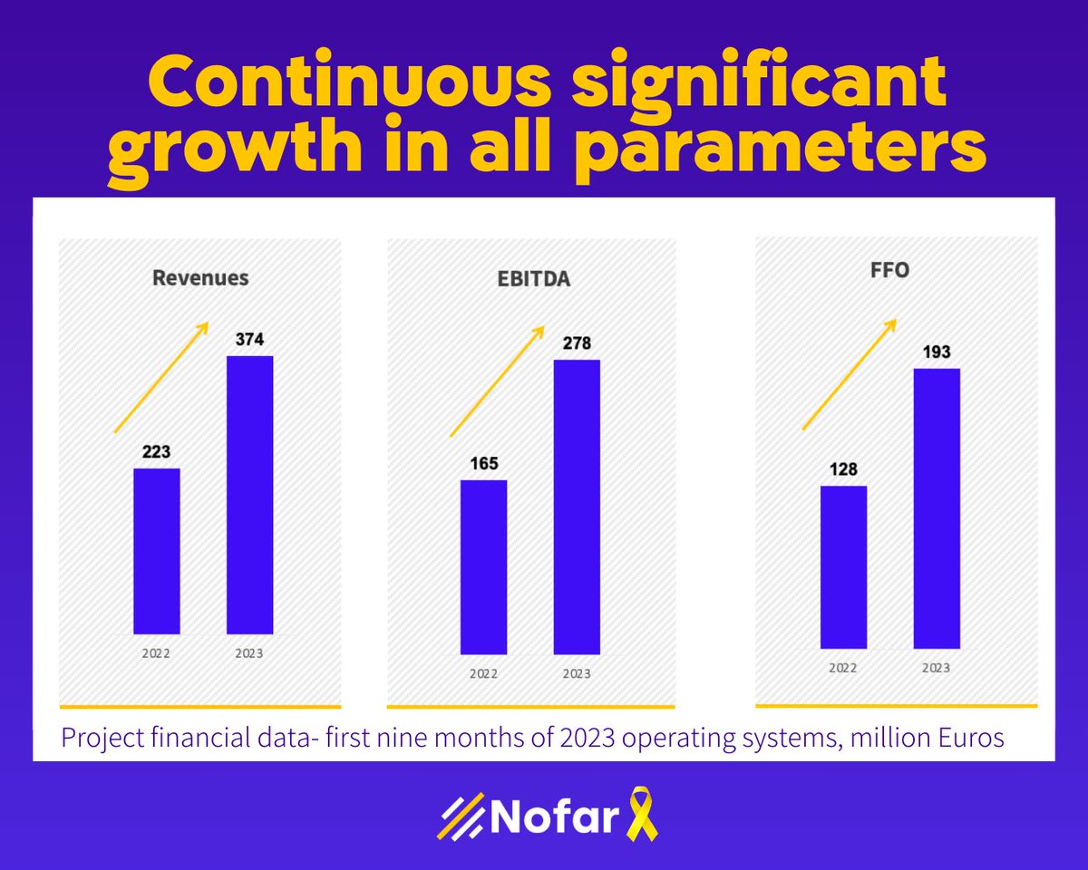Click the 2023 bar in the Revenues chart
coord(249,495)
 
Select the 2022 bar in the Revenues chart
coord(156,551)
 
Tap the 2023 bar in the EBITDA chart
coord(577,507)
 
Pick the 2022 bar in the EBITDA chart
coord(483,566)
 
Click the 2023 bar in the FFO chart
coord(937,508)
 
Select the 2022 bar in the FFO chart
coord(843,567)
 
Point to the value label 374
coord(249,341)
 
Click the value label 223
coord(156,452)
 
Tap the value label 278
coord(577,344)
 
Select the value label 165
coord(483,464)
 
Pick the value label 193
coord(937,353)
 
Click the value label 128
coord(843,470)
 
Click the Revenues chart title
coord(200,277)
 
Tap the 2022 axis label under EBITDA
coord(483,673)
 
